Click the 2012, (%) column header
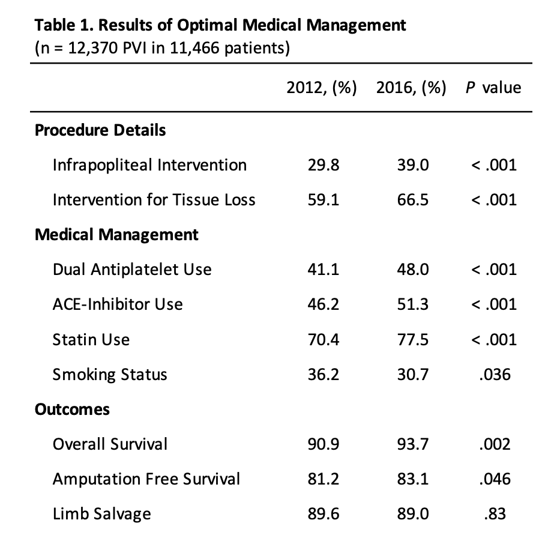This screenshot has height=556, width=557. pyautogui.click(x=322, y=88)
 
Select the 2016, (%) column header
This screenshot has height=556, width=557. pyautogui.click(x=411, y=88)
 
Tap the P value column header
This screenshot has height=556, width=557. pyautogui.click(x=493, y=88)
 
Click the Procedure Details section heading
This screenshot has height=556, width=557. pyautogui.click(x=100, y=130)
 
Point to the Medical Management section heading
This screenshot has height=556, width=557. pyautogui.click(x=116, y=235)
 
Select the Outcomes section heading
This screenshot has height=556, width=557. pyautogui.click(x=72, y=409)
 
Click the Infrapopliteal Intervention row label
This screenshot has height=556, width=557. pyautogui.click(x=149, y=165)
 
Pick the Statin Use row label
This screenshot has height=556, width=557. pyautogui.click(x=91, y=340)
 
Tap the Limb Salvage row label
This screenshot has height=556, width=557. pyautogui.click(x=101, y=514)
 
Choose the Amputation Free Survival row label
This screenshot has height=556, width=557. pyautogui.click(x=146, y=479)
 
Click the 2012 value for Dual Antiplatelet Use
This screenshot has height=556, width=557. pyautogui.click(x=324, y=270)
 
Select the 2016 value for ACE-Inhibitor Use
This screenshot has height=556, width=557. pyautogui.click(x=413, y=304)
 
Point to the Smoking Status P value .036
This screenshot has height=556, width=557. pyautogui.click(x=495, y=375)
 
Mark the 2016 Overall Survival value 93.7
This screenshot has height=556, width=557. pyautogui.click(x=413, y=444)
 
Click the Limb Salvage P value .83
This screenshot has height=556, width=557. pyautogui.click(x=495, y=514)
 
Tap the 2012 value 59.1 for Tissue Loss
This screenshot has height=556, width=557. pyautogui.click(x=324, y=200)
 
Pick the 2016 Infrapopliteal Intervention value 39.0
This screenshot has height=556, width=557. pyautogui.click(x=413, y=165)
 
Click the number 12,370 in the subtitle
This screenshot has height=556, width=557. pyautogui.click(x=92, y=48)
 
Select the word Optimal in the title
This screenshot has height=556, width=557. pyautogui.click(x=208, y=26)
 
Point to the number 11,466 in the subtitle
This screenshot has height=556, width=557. pyautogui.click(x=194, y=48)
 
